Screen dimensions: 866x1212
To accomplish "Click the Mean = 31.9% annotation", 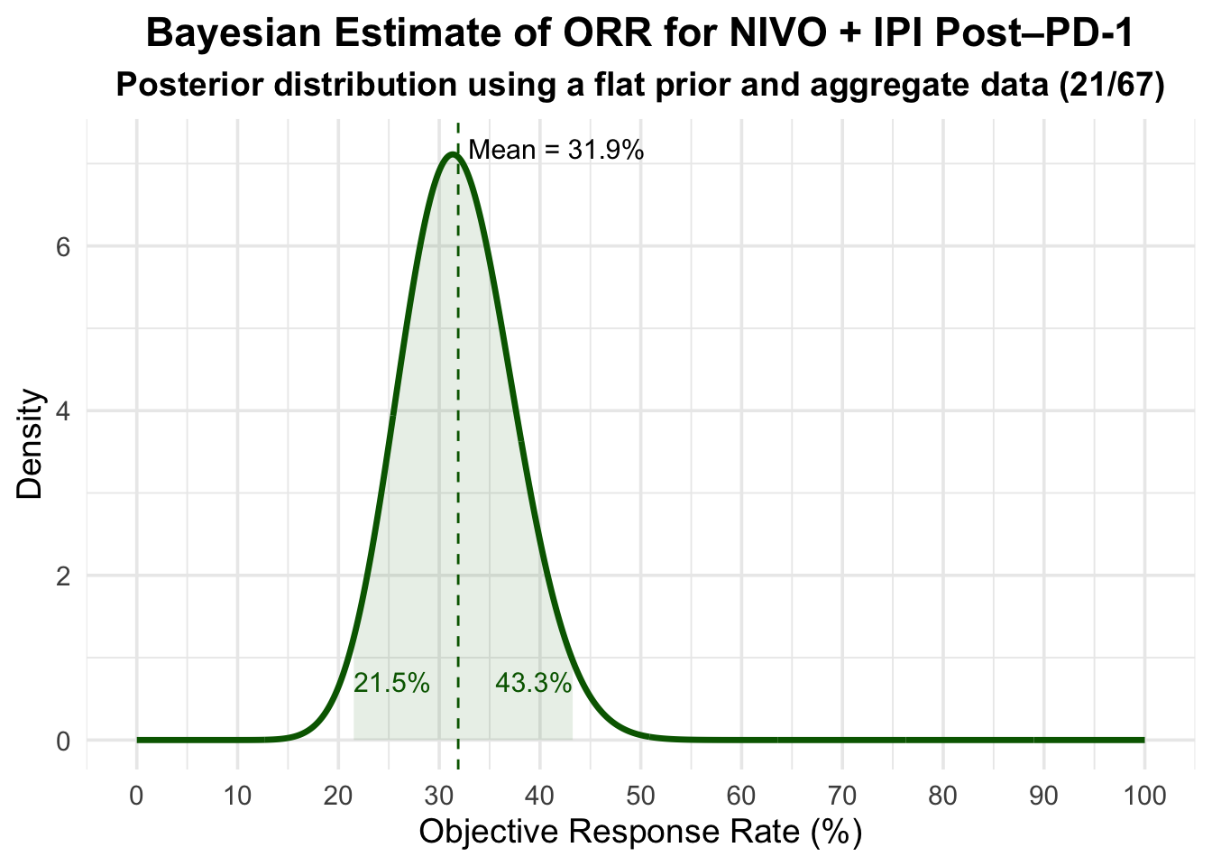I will (556, 150).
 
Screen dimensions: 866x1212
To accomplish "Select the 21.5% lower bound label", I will (391, 684).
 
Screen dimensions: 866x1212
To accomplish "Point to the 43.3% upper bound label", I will (533, 684).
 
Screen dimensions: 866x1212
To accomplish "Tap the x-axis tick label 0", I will (136, 797).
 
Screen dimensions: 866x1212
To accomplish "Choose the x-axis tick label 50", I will (640, 797).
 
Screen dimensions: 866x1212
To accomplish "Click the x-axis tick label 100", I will (1144, 797).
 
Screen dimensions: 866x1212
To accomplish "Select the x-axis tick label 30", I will (439, 797).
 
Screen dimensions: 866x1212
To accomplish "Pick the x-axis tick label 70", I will (842, 797).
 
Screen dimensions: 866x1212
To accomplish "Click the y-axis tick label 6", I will (64, 247).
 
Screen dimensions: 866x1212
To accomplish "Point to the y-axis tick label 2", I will (64, 576).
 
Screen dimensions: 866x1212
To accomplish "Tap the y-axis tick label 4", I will (64, 411).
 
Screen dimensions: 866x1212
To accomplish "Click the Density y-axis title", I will (31, 444).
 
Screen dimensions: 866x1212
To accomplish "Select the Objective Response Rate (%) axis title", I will (640, 832).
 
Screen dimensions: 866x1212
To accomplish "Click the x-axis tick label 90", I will (1043, 797).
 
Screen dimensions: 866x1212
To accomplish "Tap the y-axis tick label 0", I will (64, 741).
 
